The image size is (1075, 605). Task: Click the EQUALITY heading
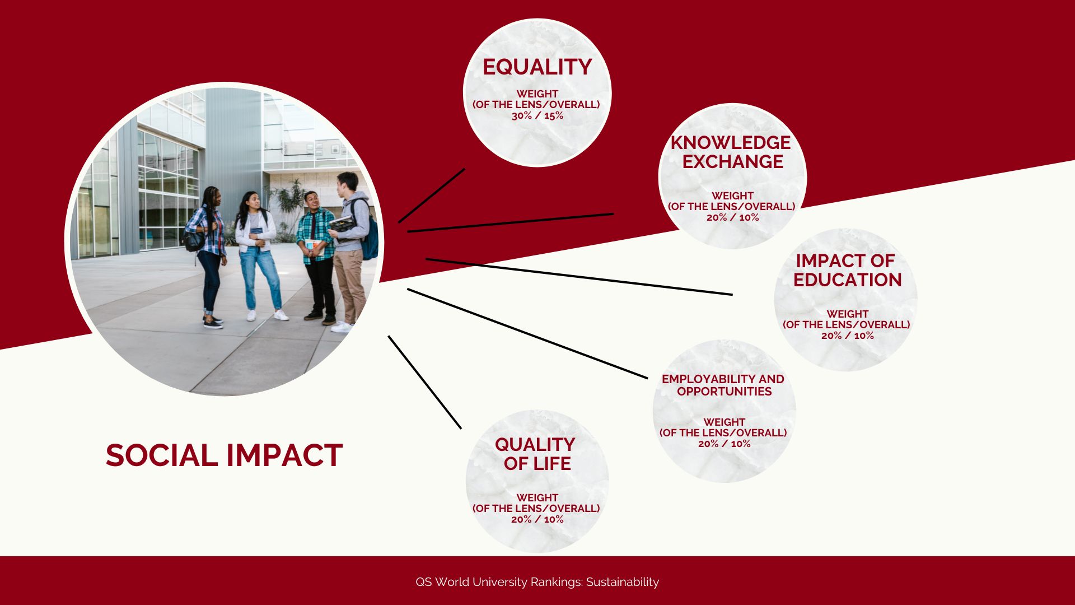[537, 67]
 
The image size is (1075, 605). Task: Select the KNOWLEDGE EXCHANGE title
[731, 152]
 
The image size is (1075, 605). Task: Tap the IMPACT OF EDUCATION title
[847, 270]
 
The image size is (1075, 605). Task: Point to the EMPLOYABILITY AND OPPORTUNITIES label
[723, 385]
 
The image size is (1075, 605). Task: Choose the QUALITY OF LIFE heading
[536, 454]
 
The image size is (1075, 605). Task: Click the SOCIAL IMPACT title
[224, 455]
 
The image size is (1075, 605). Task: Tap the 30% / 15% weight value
[537, 116]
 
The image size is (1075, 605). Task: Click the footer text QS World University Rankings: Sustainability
[537, 582]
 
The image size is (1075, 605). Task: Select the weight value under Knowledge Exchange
[732, 217]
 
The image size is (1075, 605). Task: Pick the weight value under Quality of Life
[537, 519]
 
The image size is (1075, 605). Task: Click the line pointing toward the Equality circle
[432, 196]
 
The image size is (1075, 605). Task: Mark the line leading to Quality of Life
[425, 382]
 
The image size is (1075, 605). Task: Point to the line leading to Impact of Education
[579, 276]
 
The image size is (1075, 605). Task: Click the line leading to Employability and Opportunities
[527, 333]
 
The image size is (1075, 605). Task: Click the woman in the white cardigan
[258, 255]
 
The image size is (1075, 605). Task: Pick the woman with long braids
[207, 257]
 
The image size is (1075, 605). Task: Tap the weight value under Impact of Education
[847, 336]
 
